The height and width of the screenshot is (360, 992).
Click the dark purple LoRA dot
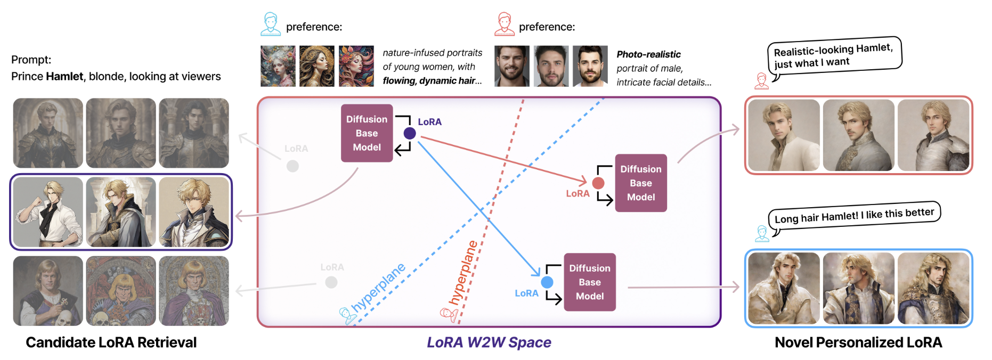point(410,133)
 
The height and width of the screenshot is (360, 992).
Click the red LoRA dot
point(598,183)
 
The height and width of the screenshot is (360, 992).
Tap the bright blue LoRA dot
point(547,282)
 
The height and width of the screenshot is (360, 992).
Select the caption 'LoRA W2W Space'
point(489,342)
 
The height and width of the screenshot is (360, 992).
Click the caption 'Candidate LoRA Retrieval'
point(111,342)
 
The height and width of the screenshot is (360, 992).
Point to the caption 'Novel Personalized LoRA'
point(858,342)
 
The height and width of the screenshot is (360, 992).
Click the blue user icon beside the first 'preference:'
point(271,24)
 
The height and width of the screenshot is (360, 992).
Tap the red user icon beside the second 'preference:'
point(504,24)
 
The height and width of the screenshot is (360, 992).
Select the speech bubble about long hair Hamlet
point(854,216)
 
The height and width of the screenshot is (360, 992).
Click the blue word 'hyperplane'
point(379,287)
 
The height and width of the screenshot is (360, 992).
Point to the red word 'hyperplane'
point(462,273)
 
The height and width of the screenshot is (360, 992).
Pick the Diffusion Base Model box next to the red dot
point(641,183)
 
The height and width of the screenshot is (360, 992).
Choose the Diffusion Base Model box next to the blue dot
point(590,282)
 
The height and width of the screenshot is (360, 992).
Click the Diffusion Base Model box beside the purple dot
point(367,133)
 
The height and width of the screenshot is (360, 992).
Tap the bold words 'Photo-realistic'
point(648,54)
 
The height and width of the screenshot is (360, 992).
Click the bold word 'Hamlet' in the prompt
point(64,76)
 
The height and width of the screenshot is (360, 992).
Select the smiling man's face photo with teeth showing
point(512,66)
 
